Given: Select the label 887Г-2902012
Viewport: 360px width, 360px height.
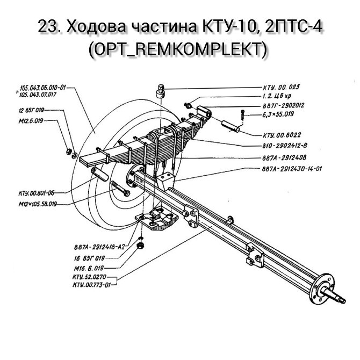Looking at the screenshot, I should (x=283, y=105).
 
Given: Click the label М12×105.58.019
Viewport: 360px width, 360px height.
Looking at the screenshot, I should (x=38, y=204).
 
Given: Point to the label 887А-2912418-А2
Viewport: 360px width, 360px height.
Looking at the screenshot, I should (x=99, y=247).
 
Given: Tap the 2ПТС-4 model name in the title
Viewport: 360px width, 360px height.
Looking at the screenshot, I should (x=294, y=27).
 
